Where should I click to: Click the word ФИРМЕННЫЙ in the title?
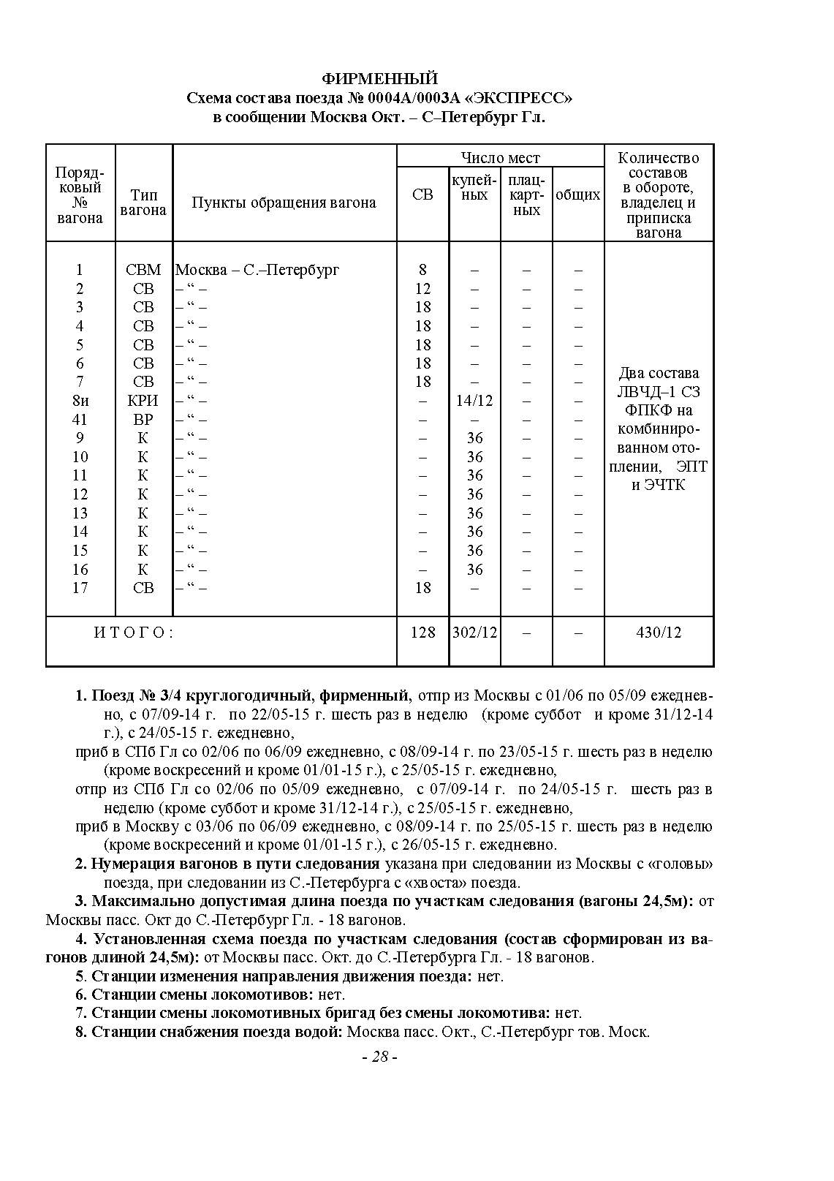coord(379,79)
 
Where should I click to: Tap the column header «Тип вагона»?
coord(143,203)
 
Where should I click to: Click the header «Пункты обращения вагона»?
coord(284,203)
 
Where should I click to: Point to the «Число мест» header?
coord(500,158)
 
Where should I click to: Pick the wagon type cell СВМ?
coord(143,270)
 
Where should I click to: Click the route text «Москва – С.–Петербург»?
coord(257,270)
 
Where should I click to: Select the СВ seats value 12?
coord(422,289)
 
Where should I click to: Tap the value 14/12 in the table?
coord(474,401)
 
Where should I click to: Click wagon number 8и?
coord(80,401)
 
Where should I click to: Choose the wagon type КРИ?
coord(143,401)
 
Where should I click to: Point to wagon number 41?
coord(80,420)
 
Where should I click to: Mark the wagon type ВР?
coord(143,420)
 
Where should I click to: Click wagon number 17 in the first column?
coord(80,588)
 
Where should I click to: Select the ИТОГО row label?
coord(134,633)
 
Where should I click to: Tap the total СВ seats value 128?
coord(422,633)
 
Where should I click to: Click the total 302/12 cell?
coord(474,633)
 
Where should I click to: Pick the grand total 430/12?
coord(659,633)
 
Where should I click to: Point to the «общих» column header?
coord(577,195)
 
